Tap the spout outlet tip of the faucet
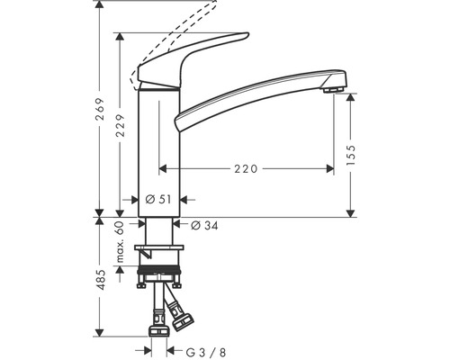coord(332,86)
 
